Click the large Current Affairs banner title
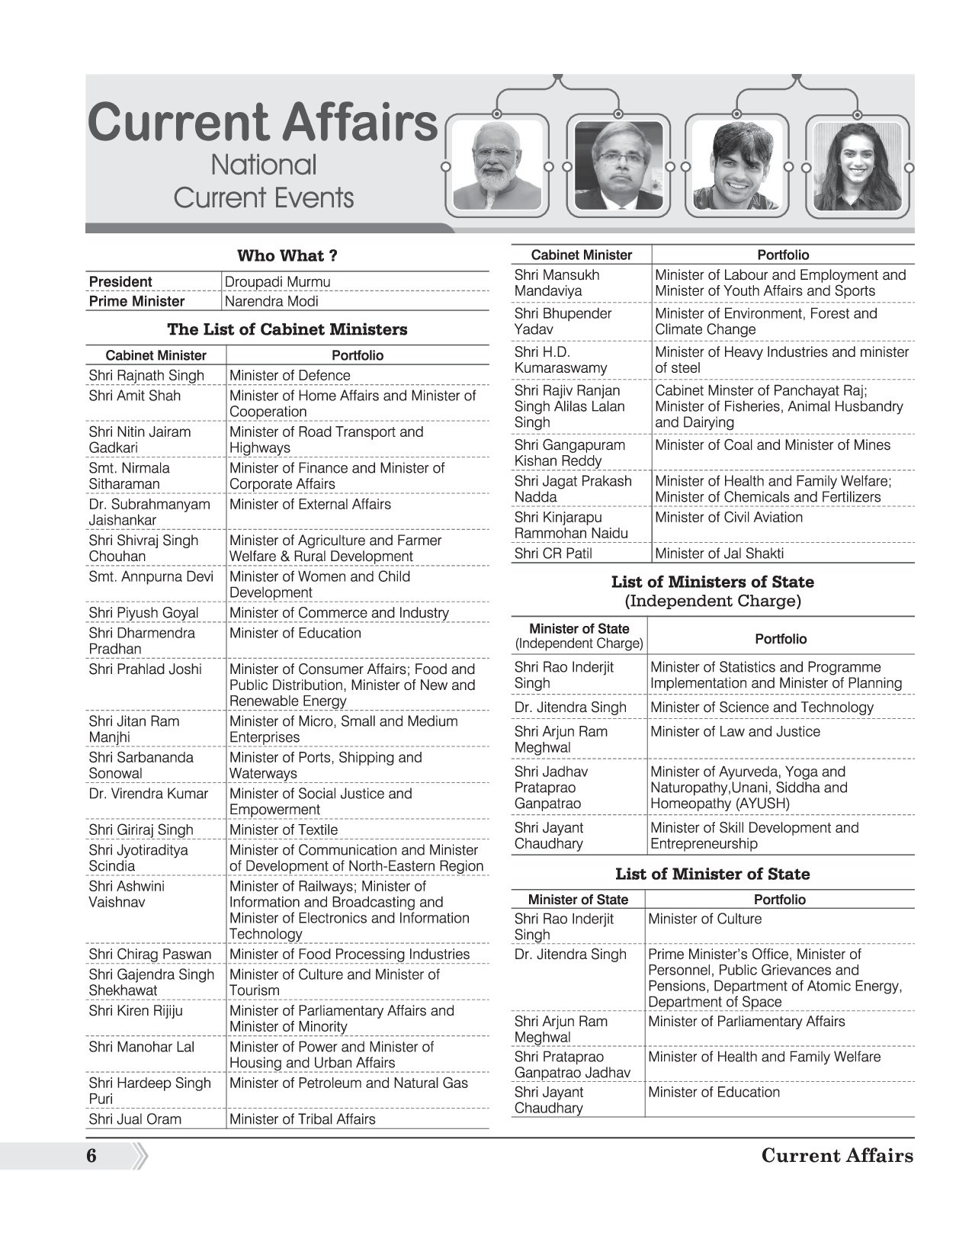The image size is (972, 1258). (263, 122)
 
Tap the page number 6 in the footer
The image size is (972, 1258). (91, 1156)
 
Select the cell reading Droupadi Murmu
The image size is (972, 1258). (277, 281)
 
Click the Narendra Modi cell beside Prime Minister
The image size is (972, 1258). (271, 301)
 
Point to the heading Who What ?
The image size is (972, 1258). (287, 255)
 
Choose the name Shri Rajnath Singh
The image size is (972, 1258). (146, 375)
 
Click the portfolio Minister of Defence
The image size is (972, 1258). (290, 375)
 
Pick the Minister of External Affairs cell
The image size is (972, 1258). (310, 504)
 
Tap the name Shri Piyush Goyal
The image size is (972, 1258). (143, 612)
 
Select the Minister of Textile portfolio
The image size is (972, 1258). (283, 830)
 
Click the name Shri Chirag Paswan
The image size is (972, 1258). (149, 954)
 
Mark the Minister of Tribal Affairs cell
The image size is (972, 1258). (302, 1119)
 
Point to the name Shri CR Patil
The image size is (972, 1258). (553, 554)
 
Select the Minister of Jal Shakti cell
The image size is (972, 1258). (719, 554)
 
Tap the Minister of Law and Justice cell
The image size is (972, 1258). (735, 731)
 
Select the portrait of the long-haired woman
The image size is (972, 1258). (857, 165)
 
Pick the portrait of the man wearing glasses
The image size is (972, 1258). (618, 165)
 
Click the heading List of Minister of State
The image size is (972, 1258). (712, 874)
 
